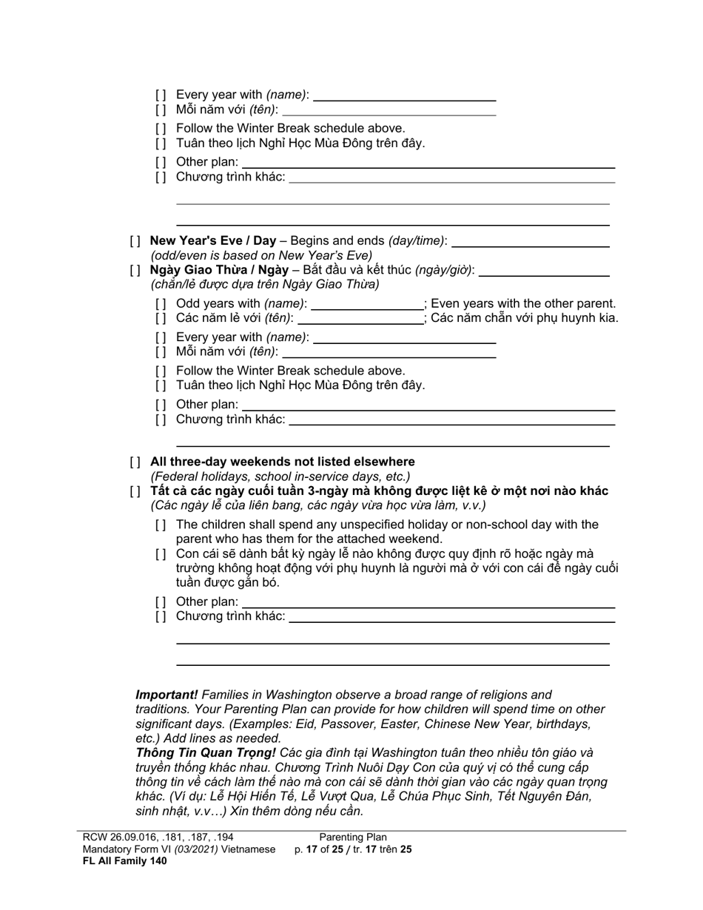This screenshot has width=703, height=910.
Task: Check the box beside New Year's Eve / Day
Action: tap(135, 241)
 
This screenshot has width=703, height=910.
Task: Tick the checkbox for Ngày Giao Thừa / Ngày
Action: tap(135, 271)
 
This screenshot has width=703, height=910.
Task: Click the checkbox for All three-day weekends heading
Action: tap(135, 462)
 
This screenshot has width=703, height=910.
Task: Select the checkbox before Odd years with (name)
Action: tap(161, 304)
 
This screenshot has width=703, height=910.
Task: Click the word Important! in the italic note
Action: tap(166, 695)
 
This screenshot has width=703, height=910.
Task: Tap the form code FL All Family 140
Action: tap(124, 861)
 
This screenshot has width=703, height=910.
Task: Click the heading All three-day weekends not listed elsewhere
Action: tap(282, 462)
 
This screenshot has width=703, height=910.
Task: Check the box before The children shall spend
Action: tap(161, 525)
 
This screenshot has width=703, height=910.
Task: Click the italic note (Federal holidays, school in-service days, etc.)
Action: tap(280, 476)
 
